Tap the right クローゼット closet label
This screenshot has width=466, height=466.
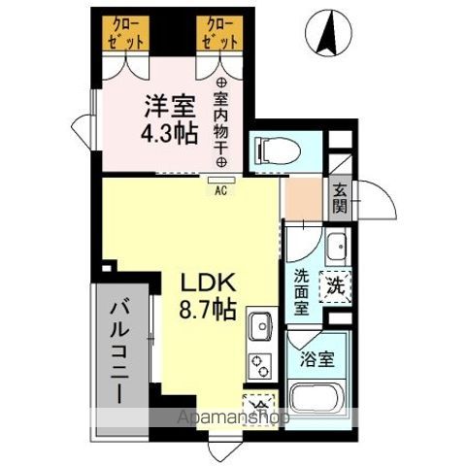tap(220, 32)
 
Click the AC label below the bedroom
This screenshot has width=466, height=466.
tap(219, 190)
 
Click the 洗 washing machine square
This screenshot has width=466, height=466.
tap(335, 286)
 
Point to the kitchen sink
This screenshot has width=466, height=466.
tap(261, 326)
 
